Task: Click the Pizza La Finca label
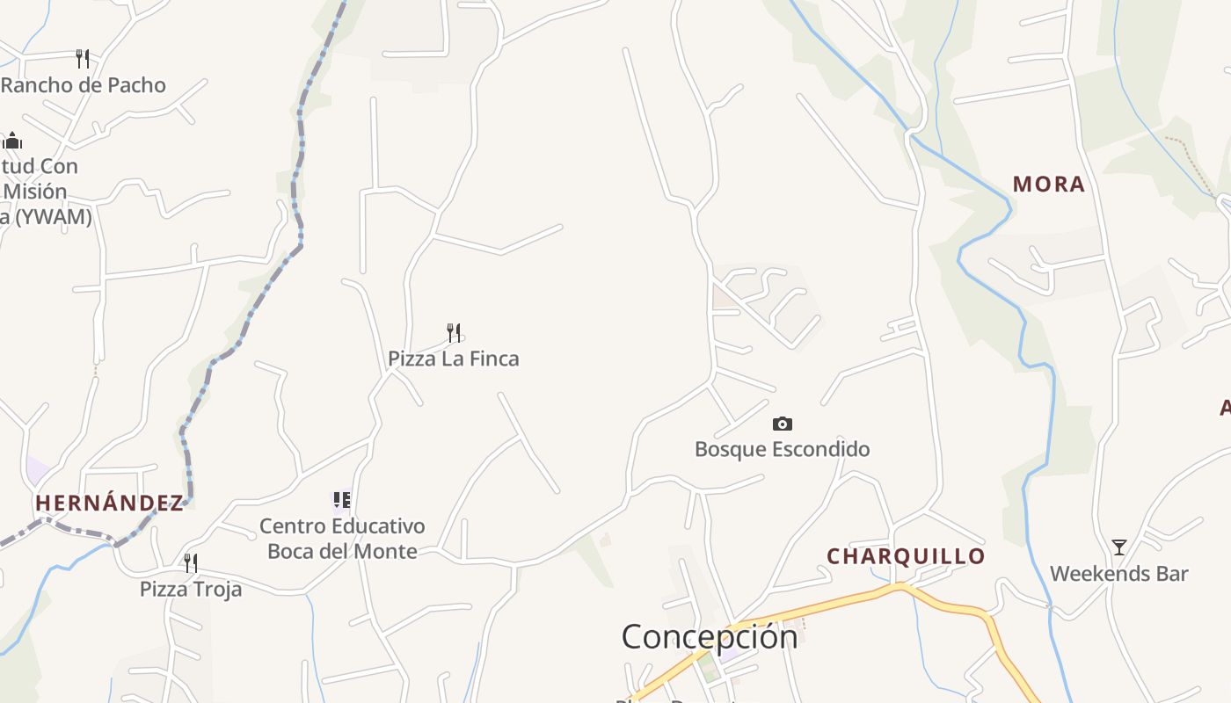[x=453, y=359]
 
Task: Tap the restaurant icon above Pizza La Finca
[x=454, y=332]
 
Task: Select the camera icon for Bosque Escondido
[x=782, y=424]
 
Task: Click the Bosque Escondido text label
[x=782, y=449]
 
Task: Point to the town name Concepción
[x=710, y=636]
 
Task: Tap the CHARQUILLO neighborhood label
[x=906, y=556]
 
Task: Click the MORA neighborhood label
[x=1048, y=185]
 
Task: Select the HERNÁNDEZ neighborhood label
[x=110, y=503]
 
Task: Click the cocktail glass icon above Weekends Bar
[x=1118, y=547]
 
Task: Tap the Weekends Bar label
[x=1118, y=574]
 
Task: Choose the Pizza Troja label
[x=191, y=589]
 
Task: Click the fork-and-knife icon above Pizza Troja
[x=191, y=562]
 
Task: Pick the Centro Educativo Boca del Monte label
[x=342, y=539]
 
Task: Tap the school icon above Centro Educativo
[x=342, y=500]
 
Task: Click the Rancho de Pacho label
[x=84, y=85]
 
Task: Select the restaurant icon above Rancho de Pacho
[x=83, y=59]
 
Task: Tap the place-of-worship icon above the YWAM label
[x=12, y=141]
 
